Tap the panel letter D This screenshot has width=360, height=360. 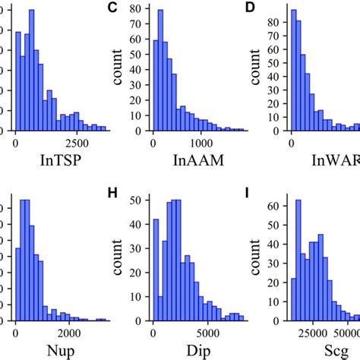tap(247, 8)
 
